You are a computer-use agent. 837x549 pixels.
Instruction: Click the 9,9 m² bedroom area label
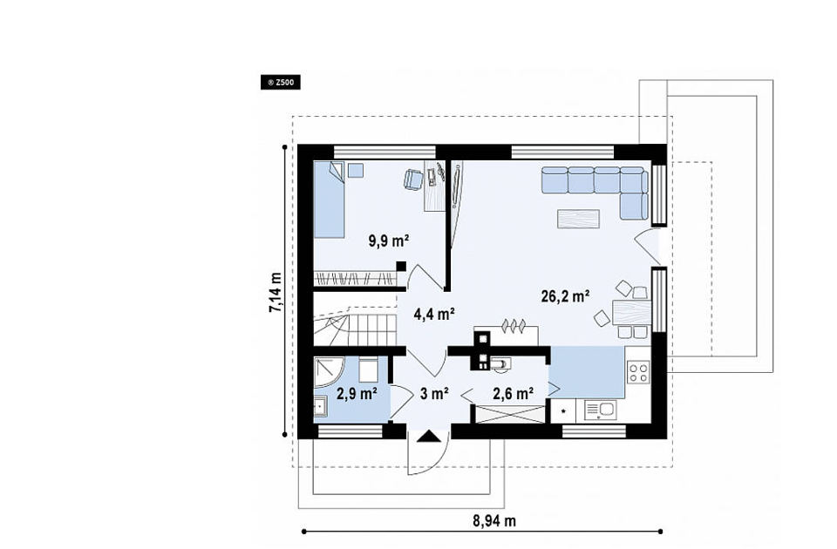pos(389,241)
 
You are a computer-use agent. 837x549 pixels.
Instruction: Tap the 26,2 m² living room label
pos(565,296)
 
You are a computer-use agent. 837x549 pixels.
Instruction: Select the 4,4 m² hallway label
pos(434,315)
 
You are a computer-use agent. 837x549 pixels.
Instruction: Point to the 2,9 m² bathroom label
pos(357,394)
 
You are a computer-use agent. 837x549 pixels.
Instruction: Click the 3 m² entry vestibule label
pos(434,394)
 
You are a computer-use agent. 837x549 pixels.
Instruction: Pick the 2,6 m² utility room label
pos(513,394)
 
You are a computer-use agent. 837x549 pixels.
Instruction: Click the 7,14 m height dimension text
pos(276,293)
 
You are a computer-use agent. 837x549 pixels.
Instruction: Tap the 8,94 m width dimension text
pos(494,521)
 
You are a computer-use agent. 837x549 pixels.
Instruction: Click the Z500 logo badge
pos(280,83)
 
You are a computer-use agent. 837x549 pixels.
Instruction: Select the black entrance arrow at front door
pos(430,437)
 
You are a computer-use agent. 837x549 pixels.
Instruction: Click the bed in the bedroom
pos(329,200)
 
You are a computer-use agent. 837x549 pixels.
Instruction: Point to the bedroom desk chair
pos(412,180)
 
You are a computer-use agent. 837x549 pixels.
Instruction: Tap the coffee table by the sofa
pos(578,219)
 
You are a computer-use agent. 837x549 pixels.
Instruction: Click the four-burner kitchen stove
pos(638,371)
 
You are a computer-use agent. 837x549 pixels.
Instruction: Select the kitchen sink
pos(600,410)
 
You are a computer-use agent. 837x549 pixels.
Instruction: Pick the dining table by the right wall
pos(632,313)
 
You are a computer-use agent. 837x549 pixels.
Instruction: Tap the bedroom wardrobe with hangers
pos(355,278)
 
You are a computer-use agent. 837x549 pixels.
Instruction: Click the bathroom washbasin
pos(320,408)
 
